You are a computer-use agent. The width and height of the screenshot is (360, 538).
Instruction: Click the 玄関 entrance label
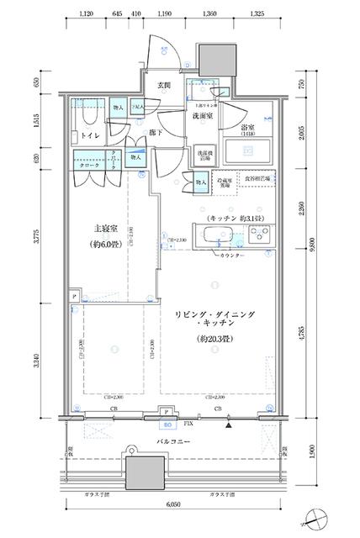[x=163, y=85]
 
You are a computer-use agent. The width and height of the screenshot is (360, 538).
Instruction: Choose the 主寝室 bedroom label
[x=103, y=227]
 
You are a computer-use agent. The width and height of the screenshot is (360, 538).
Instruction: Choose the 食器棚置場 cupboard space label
[x=259, y=180]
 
